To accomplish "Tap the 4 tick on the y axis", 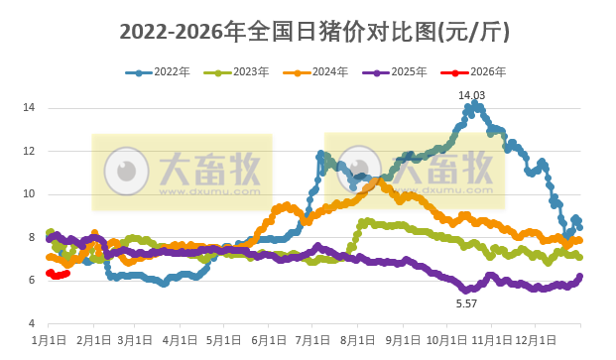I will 32,324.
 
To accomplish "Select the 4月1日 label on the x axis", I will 180,340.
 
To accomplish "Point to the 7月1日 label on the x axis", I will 312,340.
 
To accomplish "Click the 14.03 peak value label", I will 472,94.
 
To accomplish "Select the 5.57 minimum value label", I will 467,302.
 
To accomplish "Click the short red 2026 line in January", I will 58,275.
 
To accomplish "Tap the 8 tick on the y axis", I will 32,238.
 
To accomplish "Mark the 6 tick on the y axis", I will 32,281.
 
